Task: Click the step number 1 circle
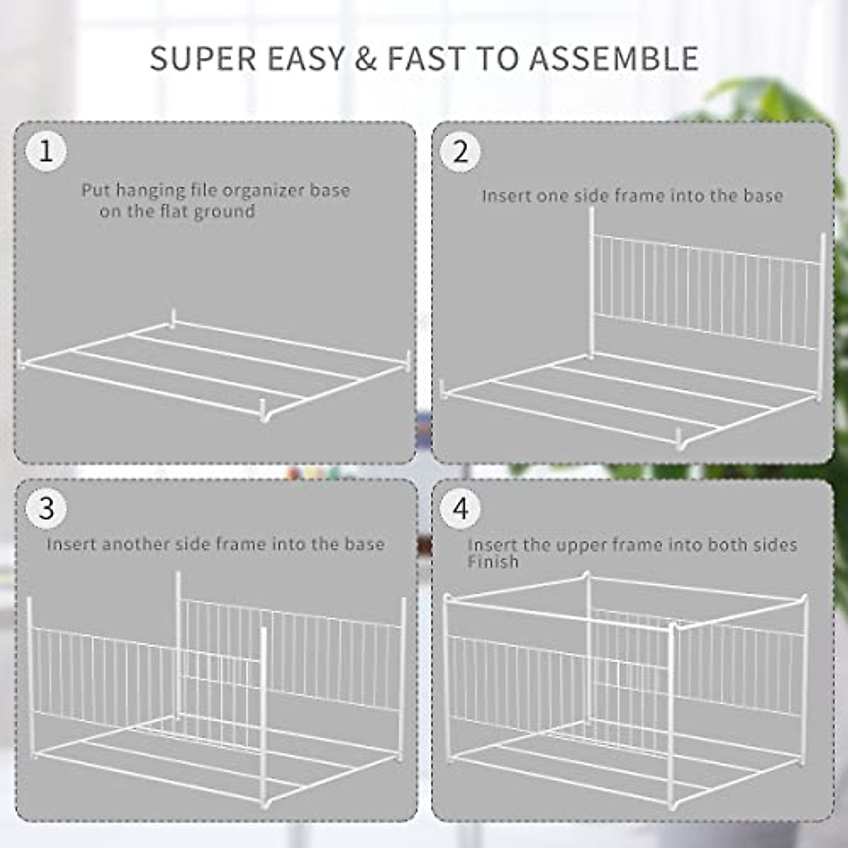(x=46, y=151)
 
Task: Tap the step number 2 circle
(x=461, y=151)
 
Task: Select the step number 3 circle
(x=46, y=508)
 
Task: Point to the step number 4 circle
(x=461, y=508)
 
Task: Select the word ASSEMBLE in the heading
(x=615, y=59)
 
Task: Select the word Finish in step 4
(x=493, y=563)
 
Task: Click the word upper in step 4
(x=579, y=546)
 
